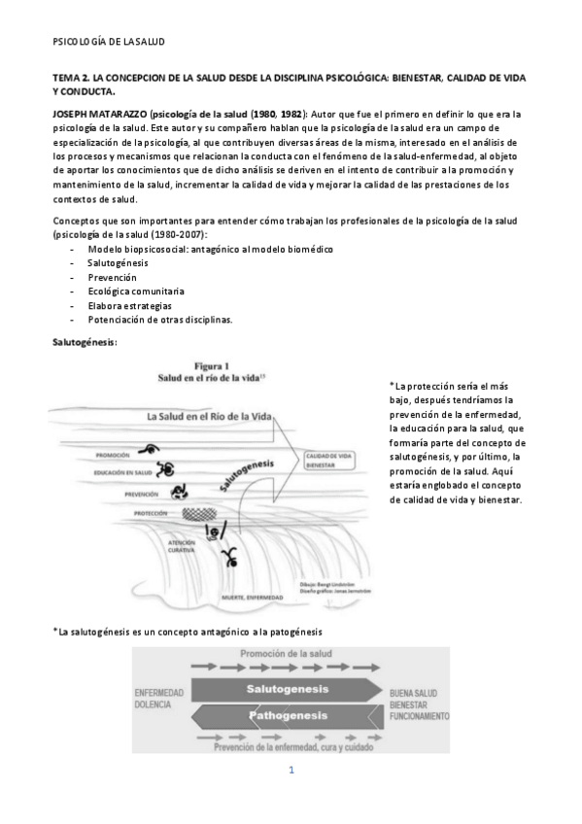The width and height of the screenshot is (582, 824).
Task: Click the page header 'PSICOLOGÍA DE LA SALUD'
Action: [x=108, y=43]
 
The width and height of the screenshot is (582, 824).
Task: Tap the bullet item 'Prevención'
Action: [x=112, y=276]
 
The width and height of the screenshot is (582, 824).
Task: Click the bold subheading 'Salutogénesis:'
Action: [x=85, y=342]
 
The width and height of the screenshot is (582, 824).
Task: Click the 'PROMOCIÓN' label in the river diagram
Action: [x=114, y=455]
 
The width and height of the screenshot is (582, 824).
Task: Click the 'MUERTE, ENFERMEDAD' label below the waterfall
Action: [x=252, y=597]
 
